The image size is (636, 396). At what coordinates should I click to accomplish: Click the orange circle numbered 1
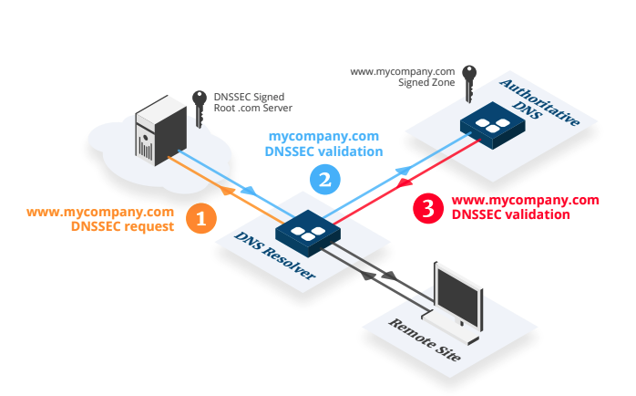201,218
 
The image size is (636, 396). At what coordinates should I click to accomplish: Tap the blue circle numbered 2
325,179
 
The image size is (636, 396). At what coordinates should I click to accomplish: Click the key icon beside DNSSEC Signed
200,99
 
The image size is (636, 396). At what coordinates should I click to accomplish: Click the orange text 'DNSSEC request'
122,227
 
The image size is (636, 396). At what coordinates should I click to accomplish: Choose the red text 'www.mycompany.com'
525,200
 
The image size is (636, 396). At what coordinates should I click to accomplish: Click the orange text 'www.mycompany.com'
99,213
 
